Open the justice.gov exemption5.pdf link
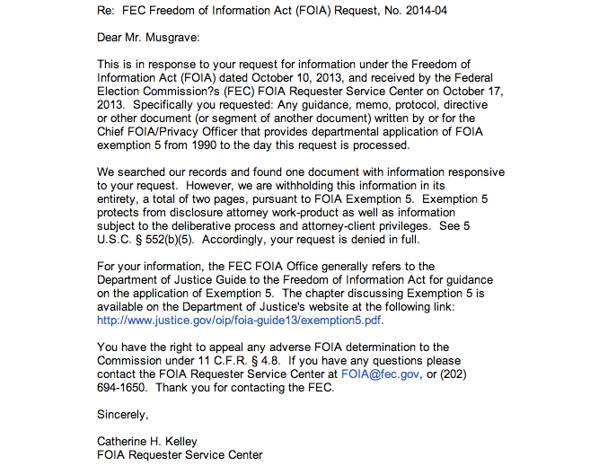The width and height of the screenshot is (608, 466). (240, 320)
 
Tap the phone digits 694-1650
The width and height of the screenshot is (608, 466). (125, 387)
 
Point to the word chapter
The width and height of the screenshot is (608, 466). (351, 294)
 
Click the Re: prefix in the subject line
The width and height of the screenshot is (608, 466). (107, 11)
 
